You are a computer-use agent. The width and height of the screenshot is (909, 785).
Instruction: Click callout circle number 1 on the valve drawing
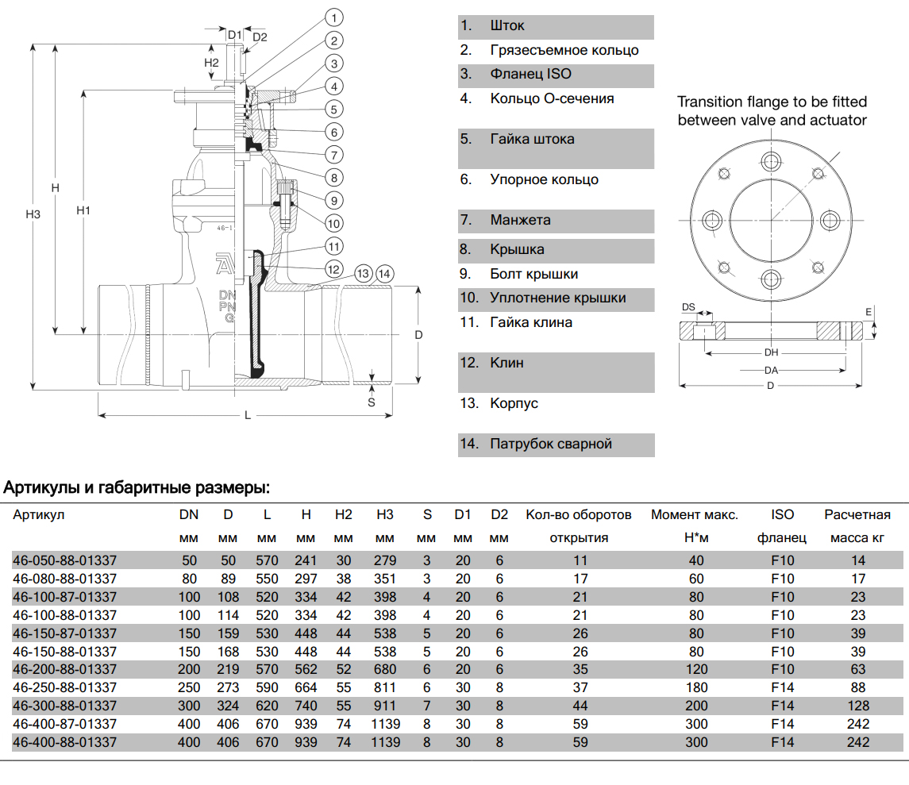point(334,17)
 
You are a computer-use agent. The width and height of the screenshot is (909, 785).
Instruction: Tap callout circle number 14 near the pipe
point(385,274)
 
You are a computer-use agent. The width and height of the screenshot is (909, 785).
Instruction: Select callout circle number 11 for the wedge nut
point(334,246)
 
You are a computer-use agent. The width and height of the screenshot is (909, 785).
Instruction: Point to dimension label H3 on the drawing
point(33,214)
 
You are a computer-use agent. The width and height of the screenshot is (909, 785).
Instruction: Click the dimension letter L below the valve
point(248,416)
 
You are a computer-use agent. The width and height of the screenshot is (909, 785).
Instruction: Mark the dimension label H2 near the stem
point(211,62)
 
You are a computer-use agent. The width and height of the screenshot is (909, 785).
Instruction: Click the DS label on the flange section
point(689,307)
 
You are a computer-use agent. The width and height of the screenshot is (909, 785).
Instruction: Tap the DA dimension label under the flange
point(771,370)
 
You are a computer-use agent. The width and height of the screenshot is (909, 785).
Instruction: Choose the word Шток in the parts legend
point(507,26)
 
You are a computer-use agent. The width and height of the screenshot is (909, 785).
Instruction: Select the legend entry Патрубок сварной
point(551,444)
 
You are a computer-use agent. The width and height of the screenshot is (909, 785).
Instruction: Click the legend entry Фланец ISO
point(530,75)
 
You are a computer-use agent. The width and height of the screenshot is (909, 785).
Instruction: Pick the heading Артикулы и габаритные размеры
point(137,487)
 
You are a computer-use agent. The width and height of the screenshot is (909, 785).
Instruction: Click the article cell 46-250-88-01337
point(64,687)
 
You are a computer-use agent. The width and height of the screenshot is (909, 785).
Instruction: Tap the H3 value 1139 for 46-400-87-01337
point(385,724)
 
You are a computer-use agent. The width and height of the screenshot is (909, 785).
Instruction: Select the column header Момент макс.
point(695,515)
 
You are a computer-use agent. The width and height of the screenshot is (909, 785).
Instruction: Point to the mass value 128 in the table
point(858,706)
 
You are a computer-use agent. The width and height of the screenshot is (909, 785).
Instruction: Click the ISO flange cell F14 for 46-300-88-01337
point(782,706)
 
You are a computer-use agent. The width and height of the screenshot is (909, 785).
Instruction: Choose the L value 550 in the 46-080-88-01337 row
point(267,579)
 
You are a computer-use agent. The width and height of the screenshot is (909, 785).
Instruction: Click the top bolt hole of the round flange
point(771,163)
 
